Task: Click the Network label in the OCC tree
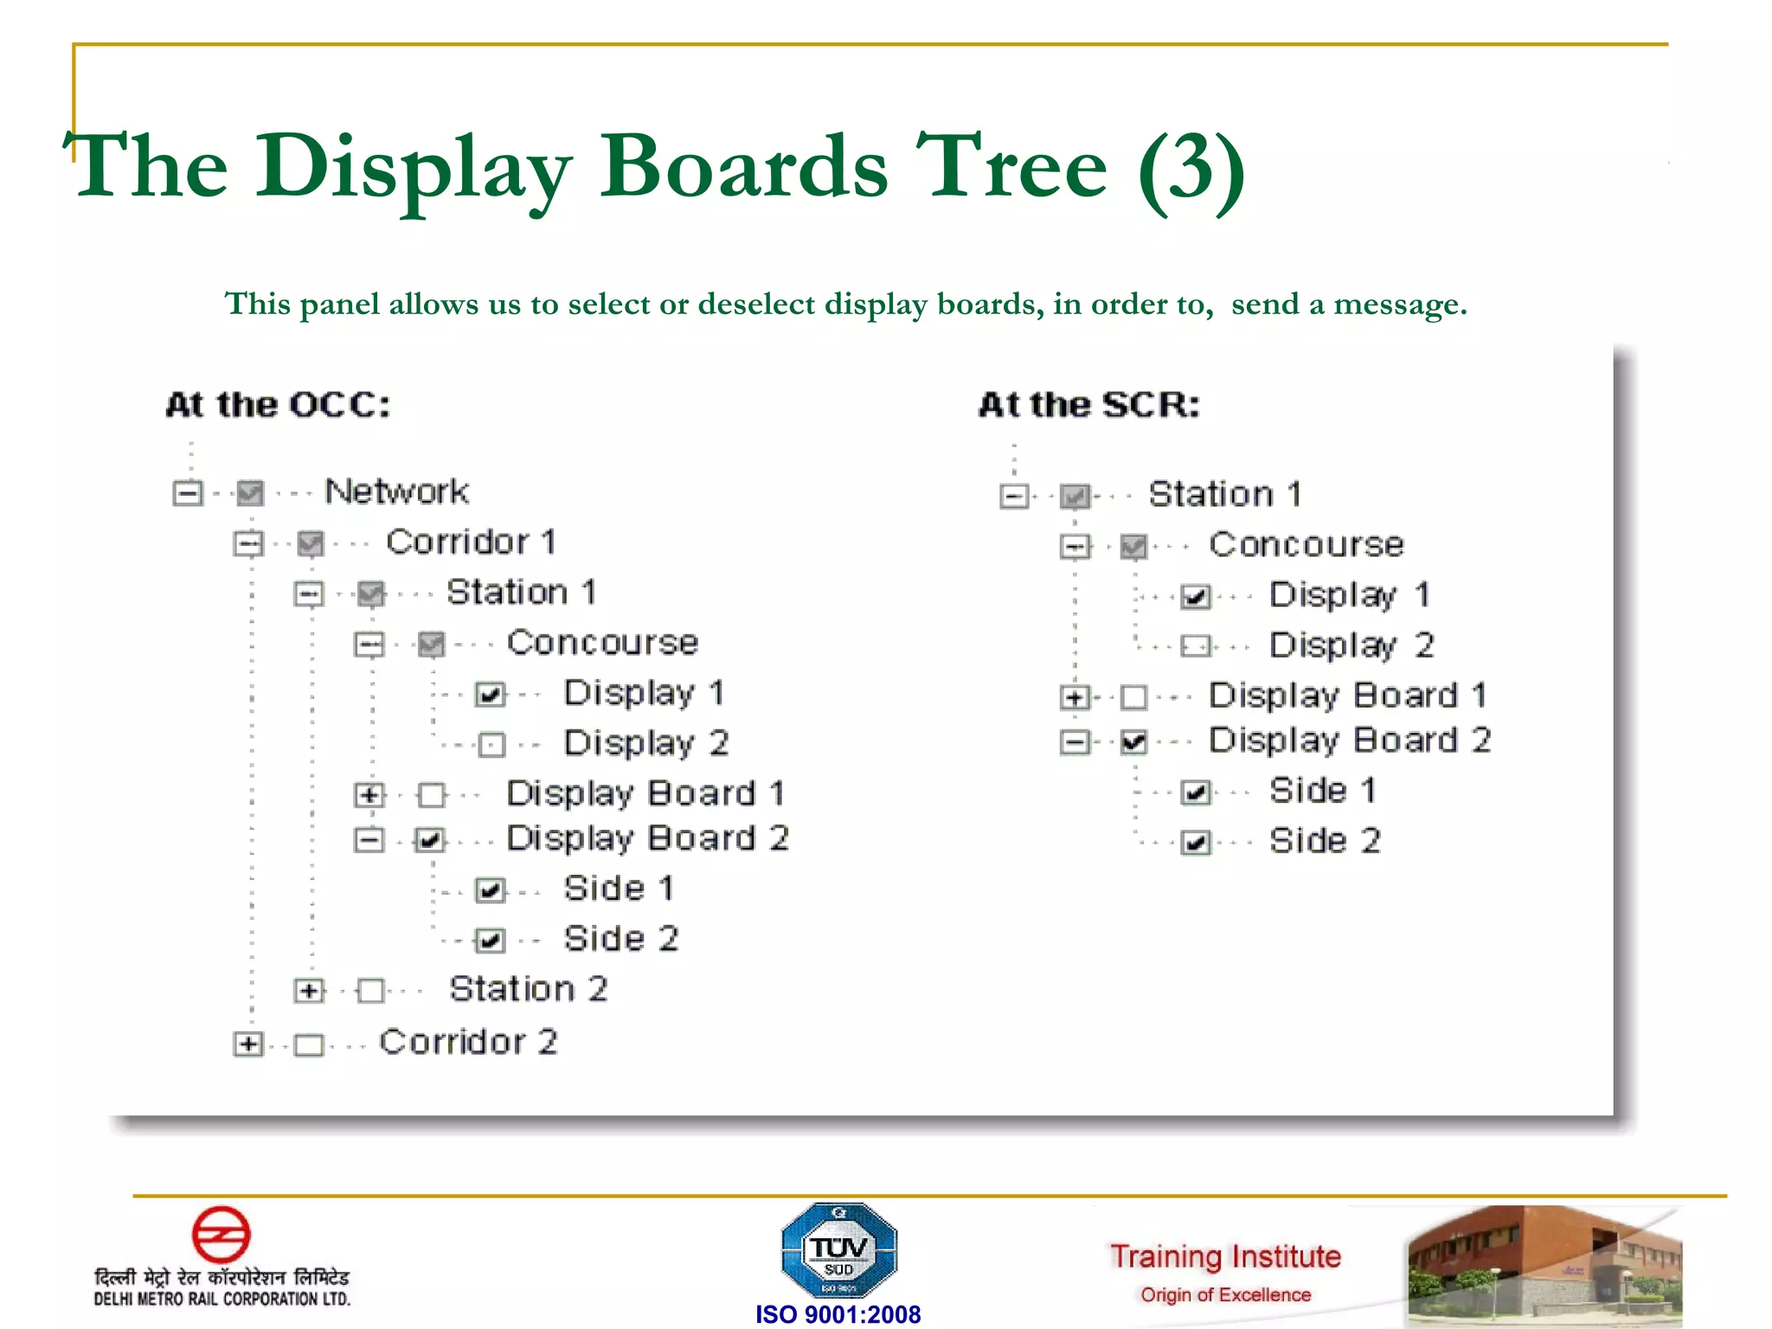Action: [x=396, y=491]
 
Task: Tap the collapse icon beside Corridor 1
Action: [x=248, y=543]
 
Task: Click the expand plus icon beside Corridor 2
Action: [x=247, y=1043]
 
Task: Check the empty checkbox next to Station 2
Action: [x=371, y=990]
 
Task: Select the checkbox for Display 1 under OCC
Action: [x=491, y=694]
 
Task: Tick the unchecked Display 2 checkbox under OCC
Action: [x=491, y=744]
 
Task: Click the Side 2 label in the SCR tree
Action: [x=1324, y=841]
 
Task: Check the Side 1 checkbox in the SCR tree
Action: [x=1196, y=792]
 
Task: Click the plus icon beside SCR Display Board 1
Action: [x=1074, y=697]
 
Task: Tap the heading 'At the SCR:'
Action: [x=1089, y=405]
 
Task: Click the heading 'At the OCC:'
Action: [x=278, y=405]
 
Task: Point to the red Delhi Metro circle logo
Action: [x=221, y=1234]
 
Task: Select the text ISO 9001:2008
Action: [x=838, y=1314]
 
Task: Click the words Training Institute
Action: [x=1225, y=1256]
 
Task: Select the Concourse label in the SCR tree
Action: [x=1306, y=545]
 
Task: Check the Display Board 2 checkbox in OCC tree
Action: [x=430, y=839]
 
